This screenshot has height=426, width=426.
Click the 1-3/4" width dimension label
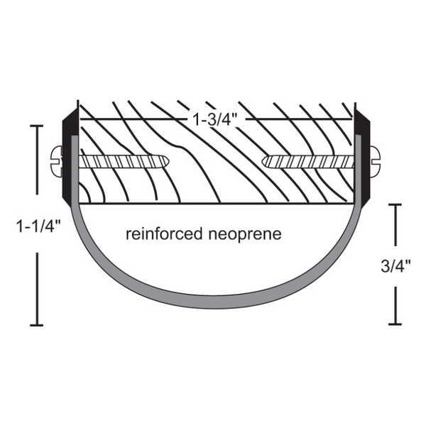pyautogui.click(x=215, y=119)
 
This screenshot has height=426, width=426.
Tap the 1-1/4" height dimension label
pyautogui.click(x=37, y=226)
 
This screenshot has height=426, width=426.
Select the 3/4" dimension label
pyautogui.click(x=395, y=266)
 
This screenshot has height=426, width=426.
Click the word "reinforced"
pyautogui.click(x=164, y=234)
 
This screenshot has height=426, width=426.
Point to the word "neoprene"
pyautogui.click(x=245, y=234)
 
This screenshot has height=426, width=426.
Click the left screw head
pyautogui.click(x=57, y=162)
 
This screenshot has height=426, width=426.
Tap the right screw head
pyautogui.click(x=375, y=162)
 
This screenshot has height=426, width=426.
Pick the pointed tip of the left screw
pyautogui.click(x=168, y=161)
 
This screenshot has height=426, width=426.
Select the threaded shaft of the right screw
pyautogui.click(x=308, y=162)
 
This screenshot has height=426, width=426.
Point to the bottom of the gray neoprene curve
pyautogui.click(x=216, y=302)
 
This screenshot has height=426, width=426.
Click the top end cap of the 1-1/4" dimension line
pyautogui.click(x=37, y=126)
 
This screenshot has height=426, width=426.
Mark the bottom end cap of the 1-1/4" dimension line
pyautogui.click(x=37, y=324)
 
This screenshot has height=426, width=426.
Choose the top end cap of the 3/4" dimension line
pyautogui.click(x=395, y=205)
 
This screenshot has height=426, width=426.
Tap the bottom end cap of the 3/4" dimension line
pyautogui.click(x=395, y=324)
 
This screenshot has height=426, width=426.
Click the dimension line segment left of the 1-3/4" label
pyautogui.click(x=133, y=119)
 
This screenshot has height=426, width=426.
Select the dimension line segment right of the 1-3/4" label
pyautogui.click(x=299, y=119)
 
